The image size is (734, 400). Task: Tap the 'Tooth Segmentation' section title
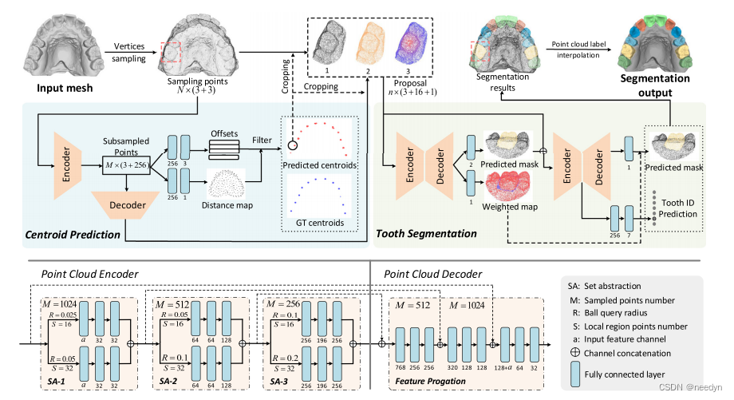pyautogui.click(x=426, y=235)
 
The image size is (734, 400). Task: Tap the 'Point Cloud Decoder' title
pyautogui.click(x=433, y=275)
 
